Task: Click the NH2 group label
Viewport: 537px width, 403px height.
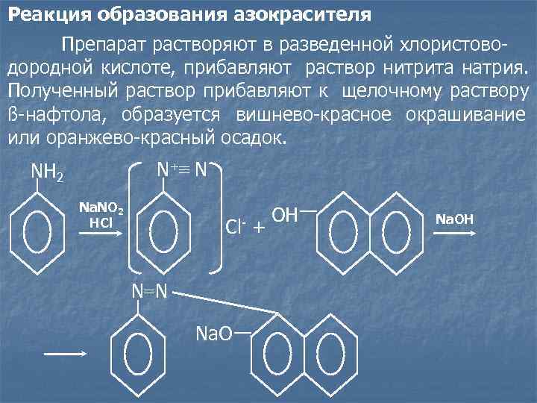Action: pos(47,173)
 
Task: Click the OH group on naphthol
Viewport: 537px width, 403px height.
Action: pos(285,216)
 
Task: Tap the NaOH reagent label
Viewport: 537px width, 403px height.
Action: pos(454,219)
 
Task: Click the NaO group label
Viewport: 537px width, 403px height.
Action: pos(213,333)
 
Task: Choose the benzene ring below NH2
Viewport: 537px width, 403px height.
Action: pos(38,234)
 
